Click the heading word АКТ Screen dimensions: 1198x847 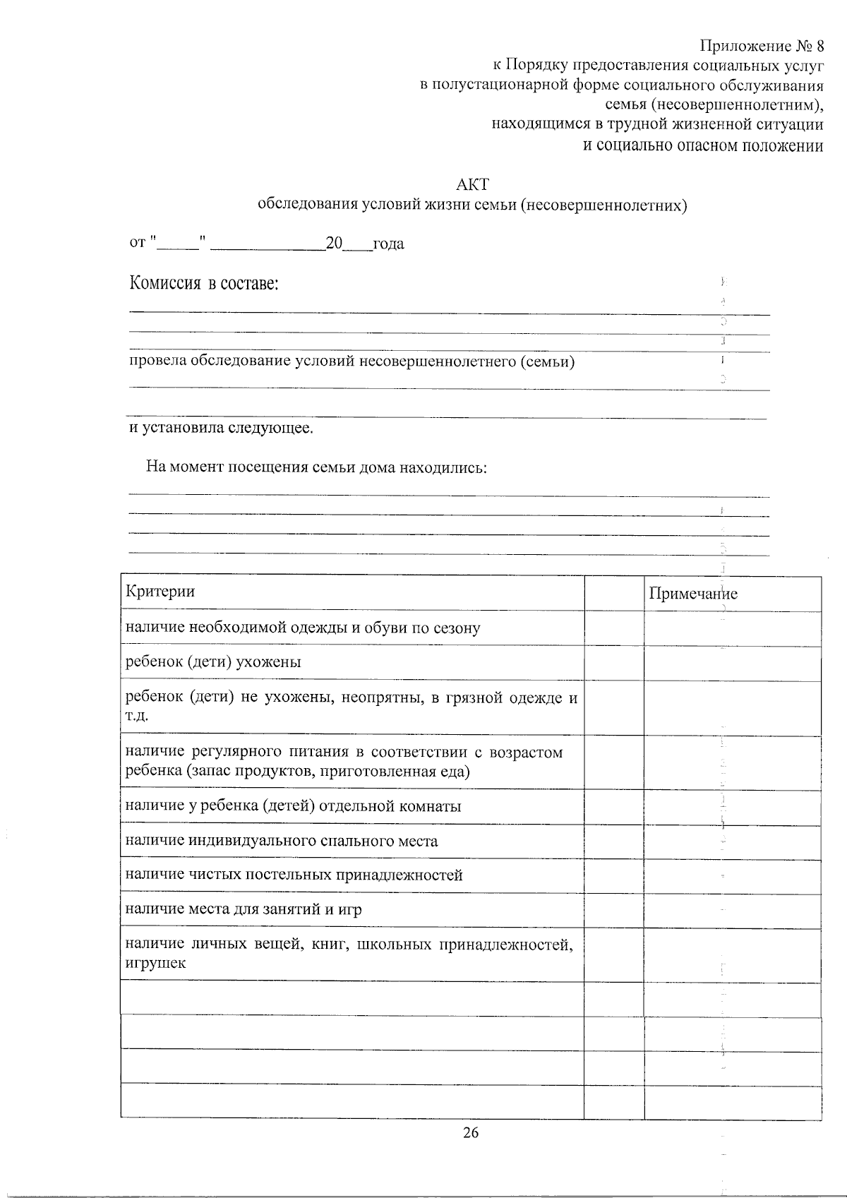[472, 184]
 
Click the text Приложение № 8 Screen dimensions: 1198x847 [762, 47]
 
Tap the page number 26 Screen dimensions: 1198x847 [471, 1133]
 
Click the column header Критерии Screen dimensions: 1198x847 [160, 591]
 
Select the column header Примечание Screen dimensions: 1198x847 [693, 594]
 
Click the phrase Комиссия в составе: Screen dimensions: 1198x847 [204, 284]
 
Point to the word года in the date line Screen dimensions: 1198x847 [388, 244]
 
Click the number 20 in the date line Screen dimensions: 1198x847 [334, 244]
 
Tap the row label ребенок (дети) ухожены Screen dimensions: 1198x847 [213, 662]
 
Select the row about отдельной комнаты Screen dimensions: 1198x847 [293, 806]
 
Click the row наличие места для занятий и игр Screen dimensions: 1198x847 [244, 909]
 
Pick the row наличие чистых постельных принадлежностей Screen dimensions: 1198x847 [294, 875]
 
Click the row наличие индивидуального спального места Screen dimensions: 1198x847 [281, 841]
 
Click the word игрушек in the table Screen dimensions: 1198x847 [155, 963]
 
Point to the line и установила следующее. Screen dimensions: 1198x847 [221, 429]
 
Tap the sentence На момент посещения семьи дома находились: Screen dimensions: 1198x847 [316, 467]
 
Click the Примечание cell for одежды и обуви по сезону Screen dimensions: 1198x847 [732, 628]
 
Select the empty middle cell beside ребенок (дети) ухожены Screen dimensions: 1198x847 [613, 663]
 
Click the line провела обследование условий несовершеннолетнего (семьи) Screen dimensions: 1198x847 [352, 362]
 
